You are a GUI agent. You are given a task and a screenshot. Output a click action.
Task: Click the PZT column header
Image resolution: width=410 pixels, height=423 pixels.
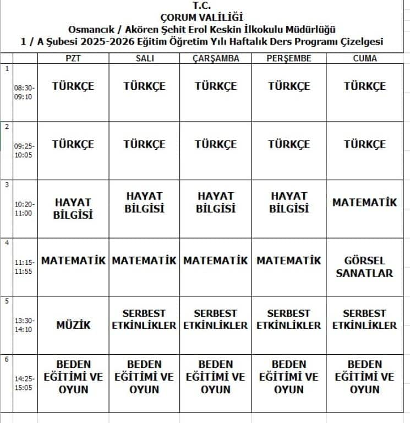[73, 58]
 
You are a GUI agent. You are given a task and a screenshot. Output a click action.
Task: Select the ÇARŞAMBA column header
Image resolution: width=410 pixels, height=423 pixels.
[216, 58]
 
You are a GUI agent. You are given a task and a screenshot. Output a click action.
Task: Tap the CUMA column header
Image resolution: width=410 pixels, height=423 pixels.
[364, 58]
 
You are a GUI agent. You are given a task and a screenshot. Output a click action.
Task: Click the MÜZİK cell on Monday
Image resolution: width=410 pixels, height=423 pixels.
[73, 325]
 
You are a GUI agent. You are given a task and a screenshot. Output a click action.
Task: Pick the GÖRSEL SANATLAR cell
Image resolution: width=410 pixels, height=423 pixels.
[364, 267]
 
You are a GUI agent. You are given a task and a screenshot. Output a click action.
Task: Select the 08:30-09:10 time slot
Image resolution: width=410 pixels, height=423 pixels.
[25, 91]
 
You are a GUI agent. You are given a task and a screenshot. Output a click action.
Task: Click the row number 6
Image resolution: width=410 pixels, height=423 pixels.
[7, 359]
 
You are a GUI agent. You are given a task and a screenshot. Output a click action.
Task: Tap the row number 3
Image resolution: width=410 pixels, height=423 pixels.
[7, 185]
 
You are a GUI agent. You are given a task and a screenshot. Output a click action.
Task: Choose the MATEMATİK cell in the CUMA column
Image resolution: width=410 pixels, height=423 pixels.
[364, 203]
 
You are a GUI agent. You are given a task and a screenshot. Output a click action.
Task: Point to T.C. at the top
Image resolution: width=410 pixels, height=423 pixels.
[201, 6]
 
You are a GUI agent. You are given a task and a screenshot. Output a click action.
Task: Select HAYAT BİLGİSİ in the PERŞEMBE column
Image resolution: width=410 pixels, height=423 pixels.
[289, 202]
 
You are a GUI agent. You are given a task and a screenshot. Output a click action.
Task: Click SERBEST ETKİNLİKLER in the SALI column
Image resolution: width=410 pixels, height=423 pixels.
[144, 319]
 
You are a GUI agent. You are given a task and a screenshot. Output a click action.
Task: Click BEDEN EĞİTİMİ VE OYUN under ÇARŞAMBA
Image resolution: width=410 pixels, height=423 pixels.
[216, 377]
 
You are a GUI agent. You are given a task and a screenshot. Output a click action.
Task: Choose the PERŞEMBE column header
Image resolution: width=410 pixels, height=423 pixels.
[289, 58]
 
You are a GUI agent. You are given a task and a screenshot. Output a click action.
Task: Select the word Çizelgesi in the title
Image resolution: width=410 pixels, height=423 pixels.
[360, 41]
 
